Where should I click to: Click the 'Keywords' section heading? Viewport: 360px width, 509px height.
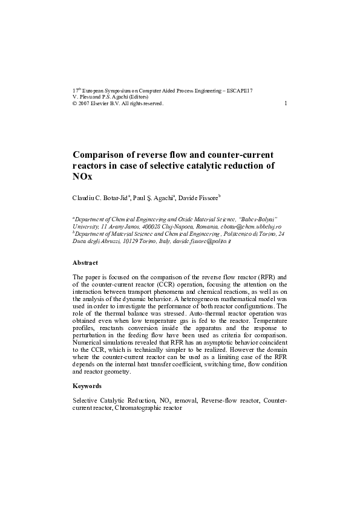pos(87,386)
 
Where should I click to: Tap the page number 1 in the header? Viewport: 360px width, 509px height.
pos(285,103)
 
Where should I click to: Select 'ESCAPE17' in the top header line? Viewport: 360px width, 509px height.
pos(240,90)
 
